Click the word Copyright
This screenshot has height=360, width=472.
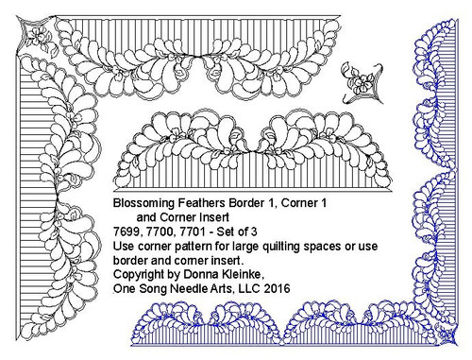click(140, 274)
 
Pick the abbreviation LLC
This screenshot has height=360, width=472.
click(245, 288)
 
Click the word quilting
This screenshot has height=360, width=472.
click(282, 246)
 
